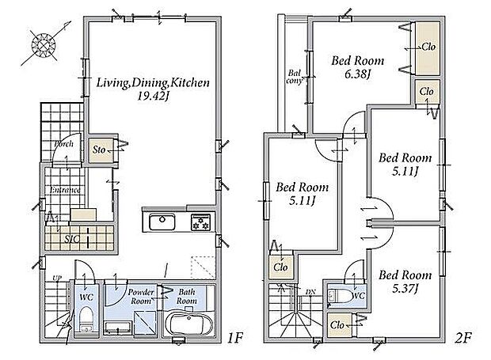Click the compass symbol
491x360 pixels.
click(44, 45)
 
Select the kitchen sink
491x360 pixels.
click(162, 222)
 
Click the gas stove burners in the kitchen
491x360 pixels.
click(200, 222)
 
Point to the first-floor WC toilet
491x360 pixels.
click(86, 320)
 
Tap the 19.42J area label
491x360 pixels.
click(153, 96)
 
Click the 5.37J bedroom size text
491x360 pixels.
click(405, 289)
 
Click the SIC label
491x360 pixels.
click(72, 240)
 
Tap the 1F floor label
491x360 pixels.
click(235, 338)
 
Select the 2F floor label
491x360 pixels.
click(462, 338)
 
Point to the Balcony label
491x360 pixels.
click(295, 77)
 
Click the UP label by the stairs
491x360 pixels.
click(57, 278)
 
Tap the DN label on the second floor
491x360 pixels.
click(310, 292)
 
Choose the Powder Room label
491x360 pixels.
click(141, 297)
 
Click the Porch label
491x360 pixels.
click(63, 144)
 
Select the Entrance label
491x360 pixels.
click(65, 190)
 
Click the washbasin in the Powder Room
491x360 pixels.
click(118, 327)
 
